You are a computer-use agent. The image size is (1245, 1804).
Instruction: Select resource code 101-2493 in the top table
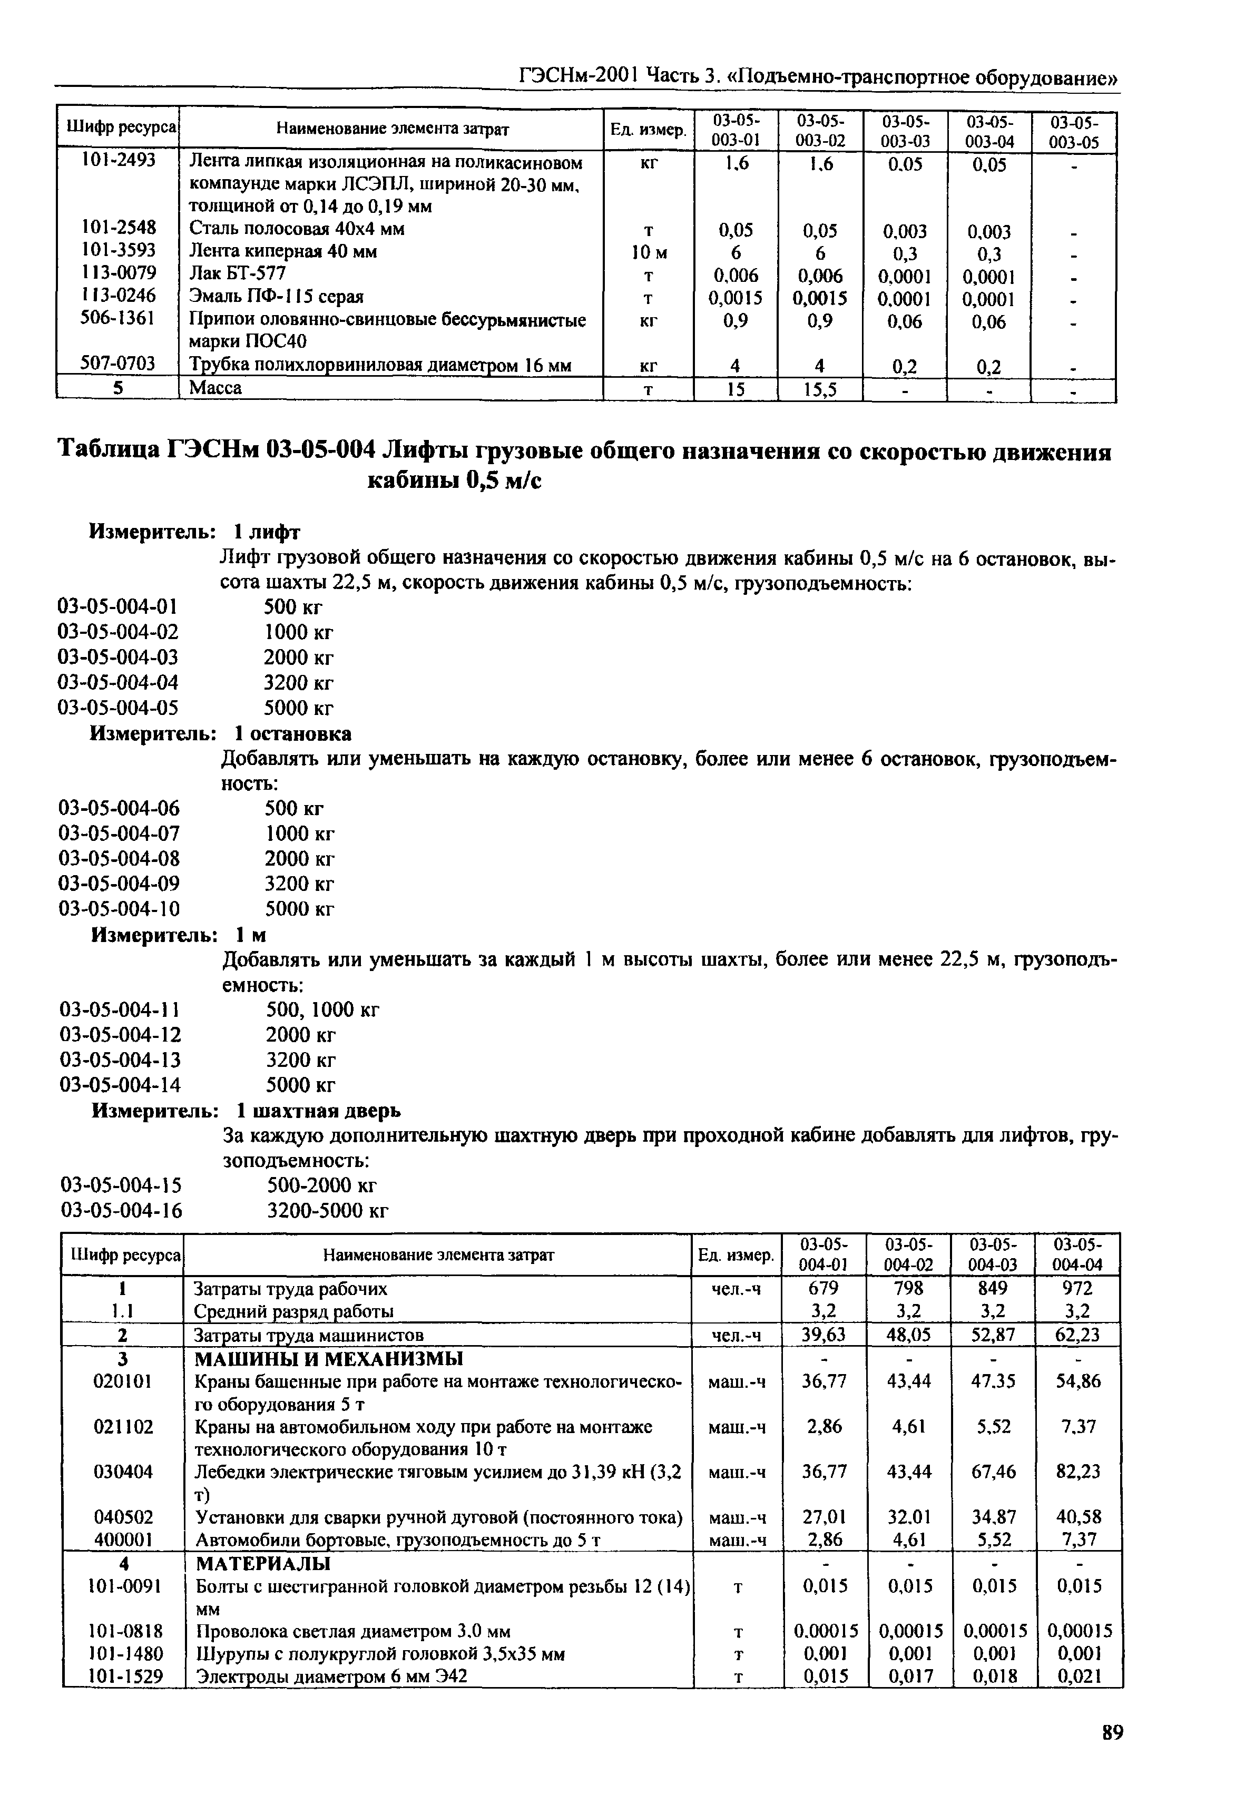[x=119, y=160]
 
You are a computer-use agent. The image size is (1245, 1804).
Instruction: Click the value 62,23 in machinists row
[x=1077, y=1335]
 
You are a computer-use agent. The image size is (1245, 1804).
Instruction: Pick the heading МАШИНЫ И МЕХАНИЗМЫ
[x=328, y=1359]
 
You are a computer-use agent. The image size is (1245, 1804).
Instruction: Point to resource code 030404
[x=122, y=1472]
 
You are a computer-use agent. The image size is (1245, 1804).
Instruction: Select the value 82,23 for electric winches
[x=1077, y=1472]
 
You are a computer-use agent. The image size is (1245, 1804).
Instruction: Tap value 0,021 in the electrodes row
[x=1077, y=1675]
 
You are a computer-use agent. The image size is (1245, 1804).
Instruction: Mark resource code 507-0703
[x=119, y=364]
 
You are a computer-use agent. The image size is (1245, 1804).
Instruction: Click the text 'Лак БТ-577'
[x=238, y=274]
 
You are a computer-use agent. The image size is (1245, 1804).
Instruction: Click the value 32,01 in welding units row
[x=909, y=1517]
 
